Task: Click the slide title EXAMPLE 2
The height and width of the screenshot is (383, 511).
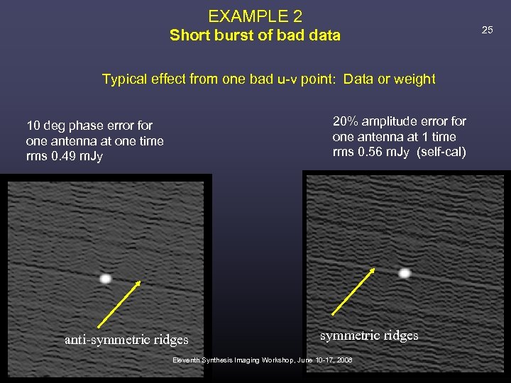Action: pyautogui.click(x=255, y=15)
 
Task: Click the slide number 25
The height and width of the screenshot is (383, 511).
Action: pyautogui.click(x=487, y=29)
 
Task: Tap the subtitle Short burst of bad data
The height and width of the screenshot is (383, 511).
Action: pyautogui.click(x=255, y=35)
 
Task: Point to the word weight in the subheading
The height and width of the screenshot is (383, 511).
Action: pyautogui.click(x=414, y=79)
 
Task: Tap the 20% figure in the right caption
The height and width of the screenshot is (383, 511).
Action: pyautogui.click(x=346, y=121)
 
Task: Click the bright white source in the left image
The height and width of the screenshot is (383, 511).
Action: pyautogui.click(x=105, y=279)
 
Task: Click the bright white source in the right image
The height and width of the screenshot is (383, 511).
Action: pyautogui.click(x=404, y=272)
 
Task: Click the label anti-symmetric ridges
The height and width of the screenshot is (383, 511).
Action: pyautogui.click(x=126, y=340)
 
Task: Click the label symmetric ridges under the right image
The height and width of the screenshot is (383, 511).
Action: pyautogui.click(x=369, y=335)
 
